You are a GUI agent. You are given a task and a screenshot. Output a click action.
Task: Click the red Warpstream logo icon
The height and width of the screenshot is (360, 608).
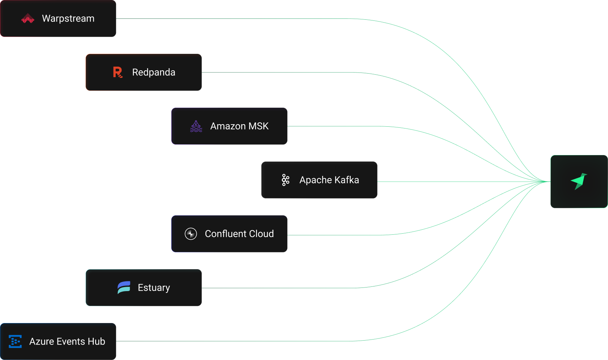28,19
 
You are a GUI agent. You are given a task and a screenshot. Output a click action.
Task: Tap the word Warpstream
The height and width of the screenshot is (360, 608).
68,19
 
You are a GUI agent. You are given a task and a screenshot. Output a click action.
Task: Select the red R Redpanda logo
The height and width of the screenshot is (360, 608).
117,73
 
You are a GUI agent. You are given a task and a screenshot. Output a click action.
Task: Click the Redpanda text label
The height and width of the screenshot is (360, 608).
154,73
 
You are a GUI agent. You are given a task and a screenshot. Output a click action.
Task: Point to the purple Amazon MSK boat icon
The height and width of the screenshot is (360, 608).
196,126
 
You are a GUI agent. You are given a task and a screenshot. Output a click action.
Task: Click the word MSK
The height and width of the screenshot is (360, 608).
258,126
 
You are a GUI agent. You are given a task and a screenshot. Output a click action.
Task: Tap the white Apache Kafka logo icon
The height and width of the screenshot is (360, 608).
286,180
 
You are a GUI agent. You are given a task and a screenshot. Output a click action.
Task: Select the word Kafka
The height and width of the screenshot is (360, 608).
347,180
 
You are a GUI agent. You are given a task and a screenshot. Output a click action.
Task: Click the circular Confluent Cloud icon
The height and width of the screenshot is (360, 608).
191,234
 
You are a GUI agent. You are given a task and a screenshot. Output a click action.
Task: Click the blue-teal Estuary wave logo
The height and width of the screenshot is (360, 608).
124,288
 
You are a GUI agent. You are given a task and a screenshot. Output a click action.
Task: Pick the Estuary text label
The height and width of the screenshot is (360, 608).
154,288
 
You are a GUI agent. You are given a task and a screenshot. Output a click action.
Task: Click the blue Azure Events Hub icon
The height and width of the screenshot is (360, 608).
15,341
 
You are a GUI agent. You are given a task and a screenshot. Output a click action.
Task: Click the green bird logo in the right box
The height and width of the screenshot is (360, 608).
579,182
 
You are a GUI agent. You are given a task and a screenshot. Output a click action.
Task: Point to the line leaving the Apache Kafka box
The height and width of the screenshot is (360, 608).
449,182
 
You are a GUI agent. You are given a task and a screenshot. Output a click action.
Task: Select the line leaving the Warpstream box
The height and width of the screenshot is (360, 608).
233,19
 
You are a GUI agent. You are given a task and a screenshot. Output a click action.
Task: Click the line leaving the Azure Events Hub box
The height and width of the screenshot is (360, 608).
233,341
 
